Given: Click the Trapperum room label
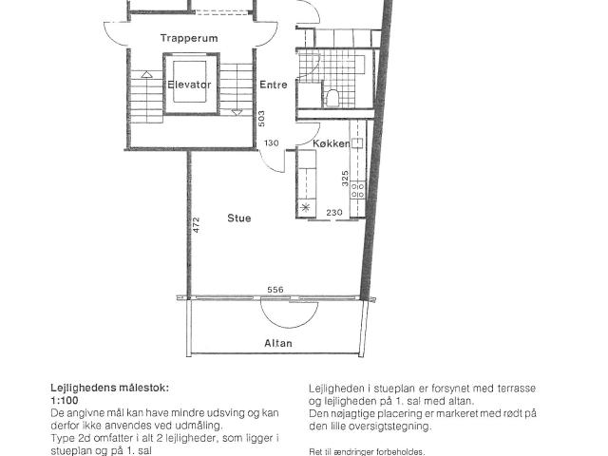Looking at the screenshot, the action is coord(189,38).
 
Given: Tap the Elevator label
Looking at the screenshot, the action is coord(189,85).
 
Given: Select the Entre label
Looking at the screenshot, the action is coord(274,85).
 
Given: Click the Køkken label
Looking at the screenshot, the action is coord(332,143).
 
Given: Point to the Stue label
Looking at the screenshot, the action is coord(238,218).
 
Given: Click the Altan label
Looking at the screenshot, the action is coord(278,343).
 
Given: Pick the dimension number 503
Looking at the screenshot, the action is coord(261,119).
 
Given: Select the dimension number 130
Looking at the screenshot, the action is coord(272,143).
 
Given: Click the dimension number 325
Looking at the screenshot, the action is coord(345,179).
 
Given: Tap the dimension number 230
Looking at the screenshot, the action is coord(334,213).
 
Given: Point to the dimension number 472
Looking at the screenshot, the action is coord(197,225).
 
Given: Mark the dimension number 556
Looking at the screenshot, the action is coord(275,290).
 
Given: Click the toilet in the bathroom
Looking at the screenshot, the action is coord(332,97).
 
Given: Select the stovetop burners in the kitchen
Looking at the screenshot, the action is coord(357,190).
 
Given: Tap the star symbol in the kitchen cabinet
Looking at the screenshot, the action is coord(306,207).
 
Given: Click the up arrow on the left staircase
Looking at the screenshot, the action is coord(146,74).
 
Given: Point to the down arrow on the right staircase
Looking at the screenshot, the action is coord(237,112).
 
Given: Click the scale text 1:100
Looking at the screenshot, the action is coord(65,400).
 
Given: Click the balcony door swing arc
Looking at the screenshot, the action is coord(289,317).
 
